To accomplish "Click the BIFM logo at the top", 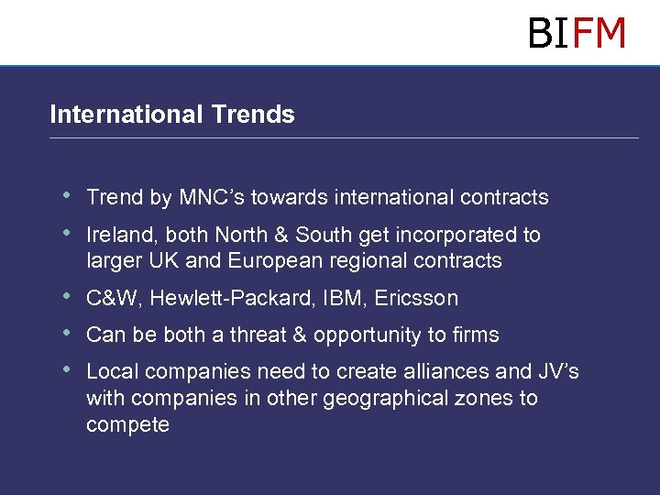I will (577, 33).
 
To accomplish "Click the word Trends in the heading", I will (252, 115).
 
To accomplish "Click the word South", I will (330, 235).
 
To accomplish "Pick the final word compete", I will (127, 425).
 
